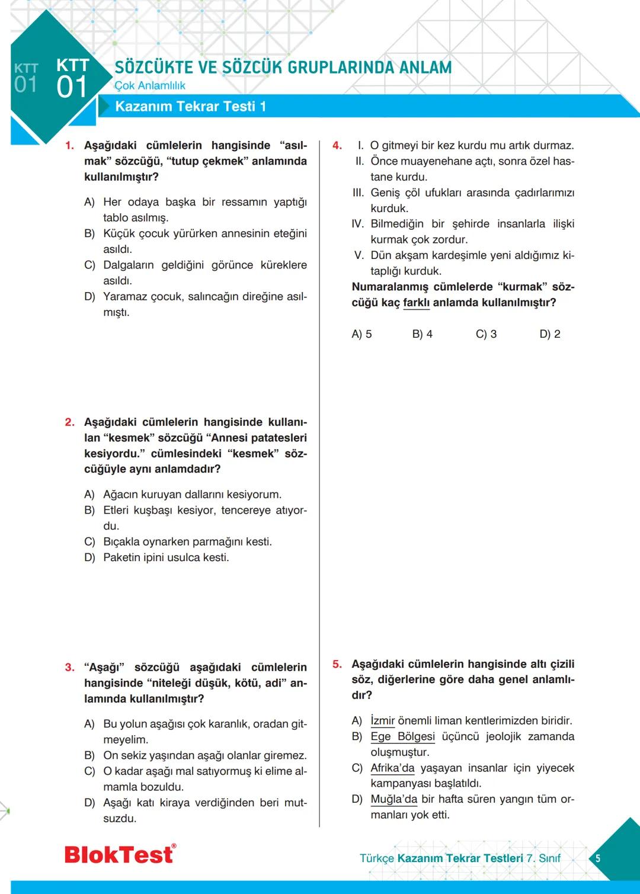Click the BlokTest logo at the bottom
coord(120,854)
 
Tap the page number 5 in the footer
coord(598,858)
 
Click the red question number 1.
coord(69,146)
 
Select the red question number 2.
coord(69,422)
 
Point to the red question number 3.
coord(69,668)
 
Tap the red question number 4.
coord(337,146)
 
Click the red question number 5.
coord(337,665)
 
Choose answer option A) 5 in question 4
coord(361,334)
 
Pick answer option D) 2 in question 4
coord(549,334)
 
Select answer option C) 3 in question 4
coord(486,334)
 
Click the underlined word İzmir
coord(382,721)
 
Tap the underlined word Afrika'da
coord(392,768)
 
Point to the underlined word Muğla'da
coord(393,799)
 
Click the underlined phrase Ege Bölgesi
coord(402,737)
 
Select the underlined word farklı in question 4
coord(416,303)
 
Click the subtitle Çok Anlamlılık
coord(149,86)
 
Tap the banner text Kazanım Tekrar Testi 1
coord(190,107)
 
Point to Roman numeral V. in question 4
coord(359,255)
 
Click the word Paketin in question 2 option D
coord(122,557)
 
